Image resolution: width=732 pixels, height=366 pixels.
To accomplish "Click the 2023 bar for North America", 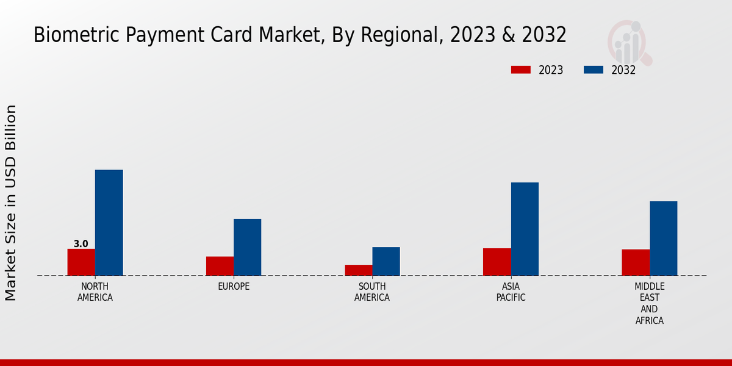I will pos(81,262).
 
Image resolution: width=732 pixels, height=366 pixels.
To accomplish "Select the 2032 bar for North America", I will pos(109,223).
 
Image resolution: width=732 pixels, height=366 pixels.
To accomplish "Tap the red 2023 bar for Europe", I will pos(220,266).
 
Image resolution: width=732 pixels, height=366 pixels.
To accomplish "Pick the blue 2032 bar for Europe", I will pos(247,247).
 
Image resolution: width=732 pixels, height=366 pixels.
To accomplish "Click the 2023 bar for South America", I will pos(358,270).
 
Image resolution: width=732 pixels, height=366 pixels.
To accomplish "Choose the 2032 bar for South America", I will pos(386,261).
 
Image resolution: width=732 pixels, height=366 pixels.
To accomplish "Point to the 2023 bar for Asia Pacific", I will pos(497,262).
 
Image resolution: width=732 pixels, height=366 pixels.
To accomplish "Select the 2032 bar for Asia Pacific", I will pos(525,229).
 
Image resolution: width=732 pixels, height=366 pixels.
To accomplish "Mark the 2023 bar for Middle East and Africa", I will pos(636,262).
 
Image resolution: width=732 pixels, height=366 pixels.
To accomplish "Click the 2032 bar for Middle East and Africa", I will pos(663,239).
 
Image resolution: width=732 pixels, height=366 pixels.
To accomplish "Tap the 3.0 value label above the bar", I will pos(81,244).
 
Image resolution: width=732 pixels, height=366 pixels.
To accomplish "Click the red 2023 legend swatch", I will pos(520,70).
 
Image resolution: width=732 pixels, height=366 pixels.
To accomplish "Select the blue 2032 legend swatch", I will pos(594,70).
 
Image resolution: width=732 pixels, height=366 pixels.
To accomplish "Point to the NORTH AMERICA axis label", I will pos(95,292).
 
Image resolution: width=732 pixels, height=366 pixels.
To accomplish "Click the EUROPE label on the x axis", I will pos(234,287).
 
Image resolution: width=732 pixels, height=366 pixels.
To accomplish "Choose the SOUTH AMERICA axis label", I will pos(372,292).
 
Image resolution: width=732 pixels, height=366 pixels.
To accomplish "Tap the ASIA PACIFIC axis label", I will pos(511,292).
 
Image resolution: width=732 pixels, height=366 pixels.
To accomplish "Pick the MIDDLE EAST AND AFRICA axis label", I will pos(650,303).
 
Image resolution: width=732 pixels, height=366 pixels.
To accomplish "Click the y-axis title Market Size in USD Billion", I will pos(11,203).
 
